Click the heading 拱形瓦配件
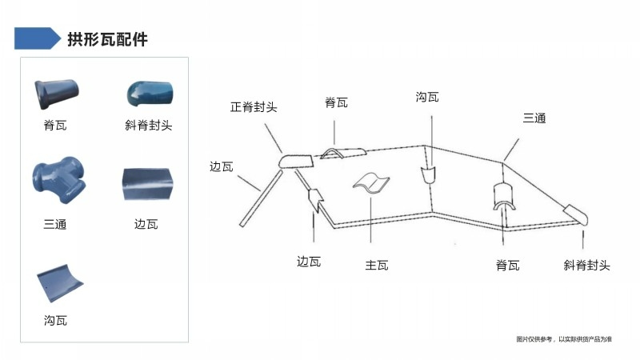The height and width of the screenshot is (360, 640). [107, 39]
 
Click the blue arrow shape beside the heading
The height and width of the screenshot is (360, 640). [38, 38]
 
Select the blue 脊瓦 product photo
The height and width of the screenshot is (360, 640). [56, 94]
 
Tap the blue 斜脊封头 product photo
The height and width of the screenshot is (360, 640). [150, 94]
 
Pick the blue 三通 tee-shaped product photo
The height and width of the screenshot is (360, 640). [59, 180]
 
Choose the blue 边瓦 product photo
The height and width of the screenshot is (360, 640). [148, 185]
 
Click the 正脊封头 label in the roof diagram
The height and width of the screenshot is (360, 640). [254, 107]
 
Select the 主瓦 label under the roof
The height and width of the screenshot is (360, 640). [376, 266]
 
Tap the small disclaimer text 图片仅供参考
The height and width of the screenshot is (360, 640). [534, 339]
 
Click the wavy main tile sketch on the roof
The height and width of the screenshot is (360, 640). [371, 182]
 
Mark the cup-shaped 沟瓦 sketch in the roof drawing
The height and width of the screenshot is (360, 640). [428, 175]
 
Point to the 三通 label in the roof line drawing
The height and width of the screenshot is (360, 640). [534, 118]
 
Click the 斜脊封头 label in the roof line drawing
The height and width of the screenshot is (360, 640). [586, 266]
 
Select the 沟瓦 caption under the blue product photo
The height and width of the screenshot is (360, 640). [55, 321]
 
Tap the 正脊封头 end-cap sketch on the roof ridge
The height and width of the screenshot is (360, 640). [296, 162]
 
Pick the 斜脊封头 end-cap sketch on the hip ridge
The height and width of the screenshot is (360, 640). [576, 214]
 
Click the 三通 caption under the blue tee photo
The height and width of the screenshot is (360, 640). [55, 224]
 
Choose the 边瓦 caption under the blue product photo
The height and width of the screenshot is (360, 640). [146, 224]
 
